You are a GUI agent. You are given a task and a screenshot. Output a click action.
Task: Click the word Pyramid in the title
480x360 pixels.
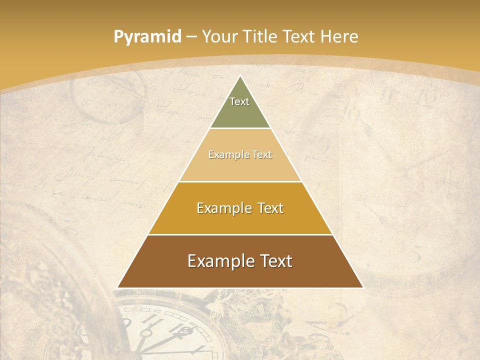pos(147,37)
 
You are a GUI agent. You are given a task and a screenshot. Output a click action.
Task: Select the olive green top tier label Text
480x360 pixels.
pos(239,101)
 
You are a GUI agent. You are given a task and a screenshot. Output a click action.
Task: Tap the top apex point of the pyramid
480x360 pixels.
pos(240,76)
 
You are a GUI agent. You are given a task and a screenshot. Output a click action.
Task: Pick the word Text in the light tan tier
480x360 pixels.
pos(262,154)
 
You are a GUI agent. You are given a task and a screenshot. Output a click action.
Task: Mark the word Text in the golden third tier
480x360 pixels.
pos(270,208)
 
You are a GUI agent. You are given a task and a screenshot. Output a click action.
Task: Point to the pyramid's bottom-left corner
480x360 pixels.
pos(118,287)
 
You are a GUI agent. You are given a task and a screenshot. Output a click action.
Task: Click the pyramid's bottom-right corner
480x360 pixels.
pos(362,287)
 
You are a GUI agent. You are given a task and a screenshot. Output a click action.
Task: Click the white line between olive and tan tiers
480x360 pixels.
pos(240,128)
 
